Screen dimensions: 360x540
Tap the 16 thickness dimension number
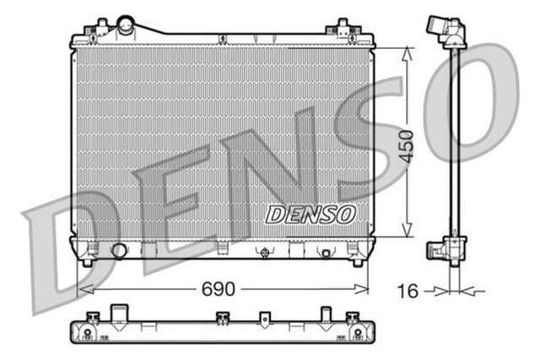(408, 292)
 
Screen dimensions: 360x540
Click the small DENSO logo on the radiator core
(310, 214)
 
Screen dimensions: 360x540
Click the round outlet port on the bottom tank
(119, 250)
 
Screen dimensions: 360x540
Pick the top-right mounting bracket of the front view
(347, 28)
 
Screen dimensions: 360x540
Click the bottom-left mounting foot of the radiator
(87, 261)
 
